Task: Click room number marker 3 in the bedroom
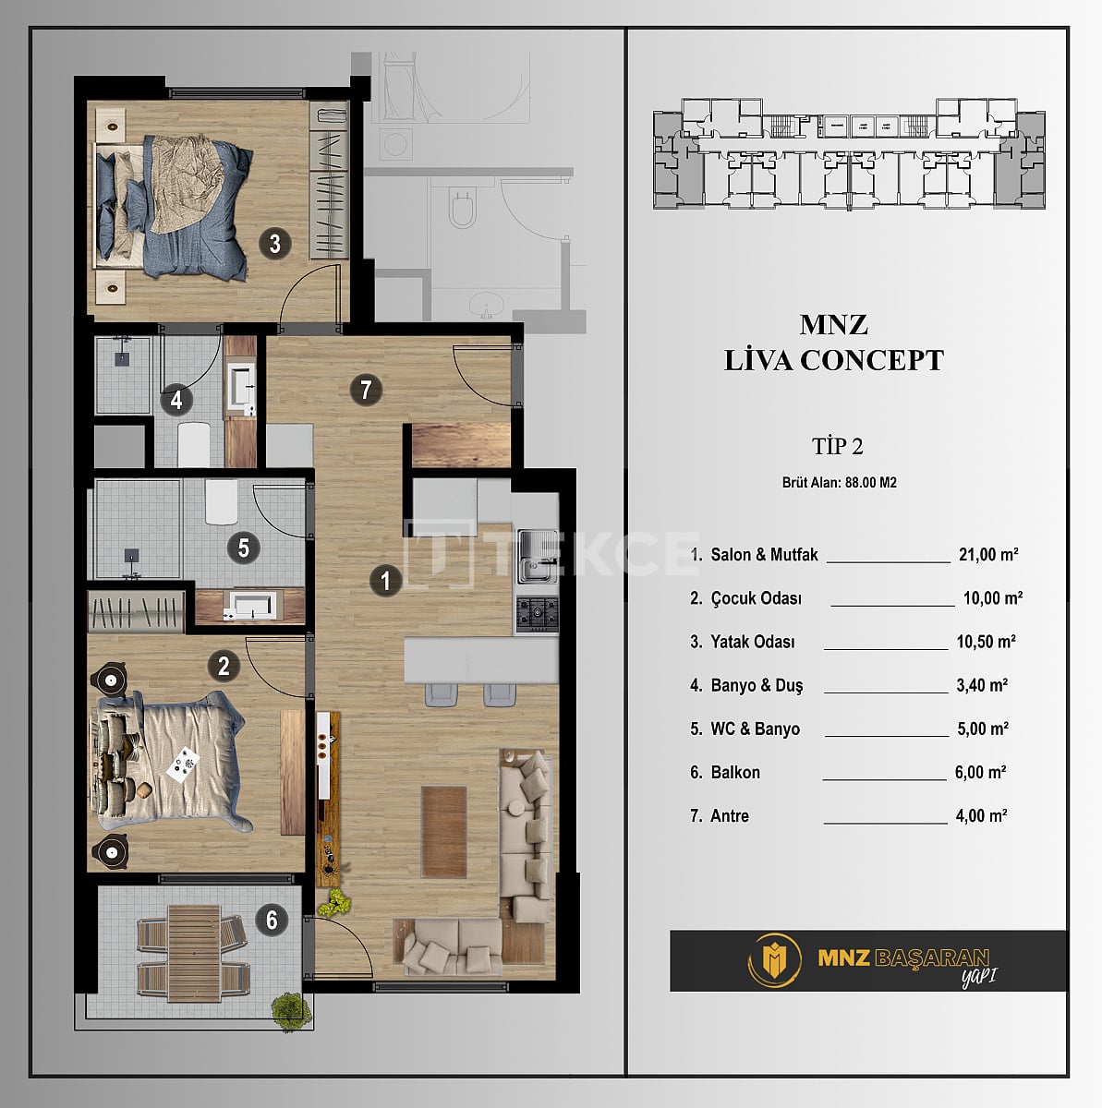point(274,244)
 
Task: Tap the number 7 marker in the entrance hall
point(366,390)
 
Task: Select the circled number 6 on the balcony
point(272,920)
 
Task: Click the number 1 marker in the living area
point(385,580)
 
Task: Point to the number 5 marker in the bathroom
point(243,548)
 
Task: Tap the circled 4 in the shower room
point(176,401)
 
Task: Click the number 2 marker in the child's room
point(224,666)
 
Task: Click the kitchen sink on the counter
point(537,556)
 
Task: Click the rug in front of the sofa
point(444,831)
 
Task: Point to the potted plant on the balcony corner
point(289,1008)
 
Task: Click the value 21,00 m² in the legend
point(988,555)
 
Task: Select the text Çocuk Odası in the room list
point(756,598)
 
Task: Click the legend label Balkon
point(735,773)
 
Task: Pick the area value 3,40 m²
point(982,685)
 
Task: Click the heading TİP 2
point(837,447)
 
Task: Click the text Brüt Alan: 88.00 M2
point(839,483)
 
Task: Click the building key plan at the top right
point(850,152)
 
